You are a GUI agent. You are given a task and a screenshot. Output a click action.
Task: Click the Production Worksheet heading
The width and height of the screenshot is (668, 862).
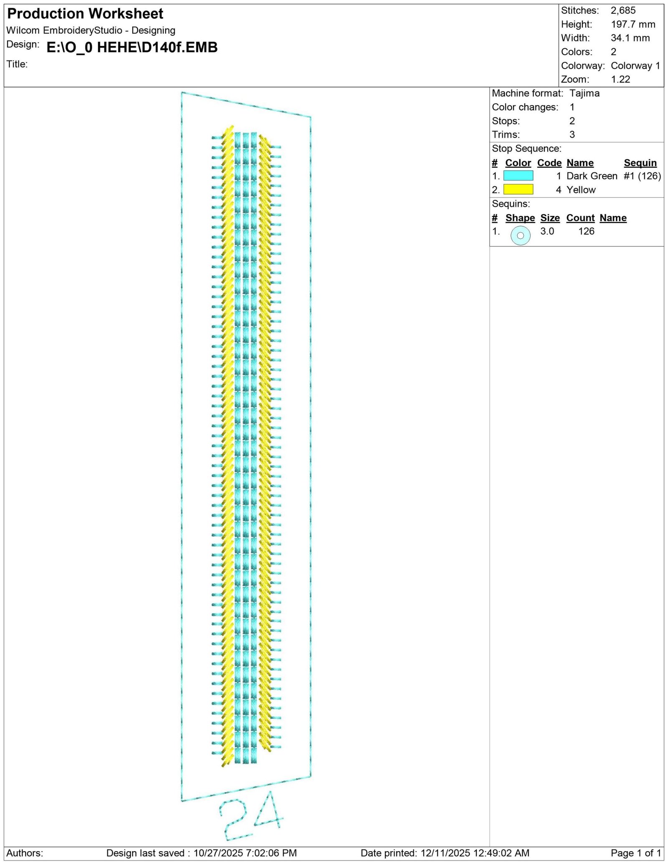(85, 14)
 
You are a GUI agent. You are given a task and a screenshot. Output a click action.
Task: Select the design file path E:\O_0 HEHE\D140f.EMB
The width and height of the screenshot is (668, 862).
(132, 48)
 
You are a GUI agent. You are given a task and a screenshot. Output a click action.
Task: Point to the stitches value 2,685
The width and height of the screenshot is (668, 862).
(623, 10)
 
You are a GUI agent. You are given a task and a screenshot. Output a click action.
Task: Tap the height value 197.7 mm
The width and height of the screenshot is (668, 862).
(633, 24)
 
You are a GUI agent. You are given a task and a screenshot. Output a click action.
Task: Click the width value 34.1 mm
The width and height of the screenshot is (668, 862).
(630, 38)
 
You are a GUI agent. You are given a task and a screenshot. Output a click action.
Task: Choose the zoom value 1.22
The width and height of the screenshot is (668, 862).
(620, 79)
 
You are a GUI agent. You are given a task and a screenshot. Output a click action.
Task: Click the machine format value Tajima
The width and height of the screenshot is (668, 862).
(584, 93)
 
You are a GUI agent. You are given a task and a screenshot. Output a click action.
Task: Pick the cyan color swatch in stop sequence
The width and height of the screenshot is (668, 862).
(518, 176)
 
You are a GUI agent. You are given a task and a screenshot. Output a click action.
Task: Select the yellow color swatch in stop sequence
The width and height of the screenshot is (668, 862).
(518, 190)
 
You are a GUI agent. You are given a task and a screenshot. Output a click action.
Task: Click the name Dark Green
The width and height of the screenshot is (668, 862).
(592, 176)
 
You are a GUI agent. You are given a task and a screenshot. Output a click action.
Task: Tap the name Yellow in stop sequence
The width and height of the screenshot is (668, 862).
(581, 190)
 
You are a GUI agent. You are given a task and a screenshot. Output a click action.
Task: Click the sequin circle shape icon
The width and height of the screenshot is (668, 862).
(520, 235)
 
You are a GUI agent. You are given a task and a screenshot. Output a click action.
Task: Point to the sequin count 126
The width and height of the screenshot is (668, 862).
(586, 231)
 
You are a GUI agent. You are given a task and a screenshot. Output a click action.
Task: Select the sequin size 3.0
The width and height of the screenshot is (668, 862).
(547, 231)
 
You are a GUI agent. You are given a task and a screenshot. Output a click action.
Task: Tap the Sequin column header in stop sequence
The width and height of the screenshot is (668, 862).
(640, 163)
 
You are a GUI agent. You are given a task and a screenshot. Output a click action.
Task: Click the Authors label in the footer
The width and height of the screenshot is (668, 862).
(25, 853)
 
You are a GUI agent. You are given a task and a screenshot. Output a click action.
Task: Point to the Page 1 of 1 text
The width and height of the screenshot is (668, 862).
(636, 853)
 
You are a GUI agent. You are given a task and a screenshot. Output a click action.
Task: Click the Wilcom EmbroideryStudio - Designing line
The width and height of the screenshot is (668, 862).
(91, 30)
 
